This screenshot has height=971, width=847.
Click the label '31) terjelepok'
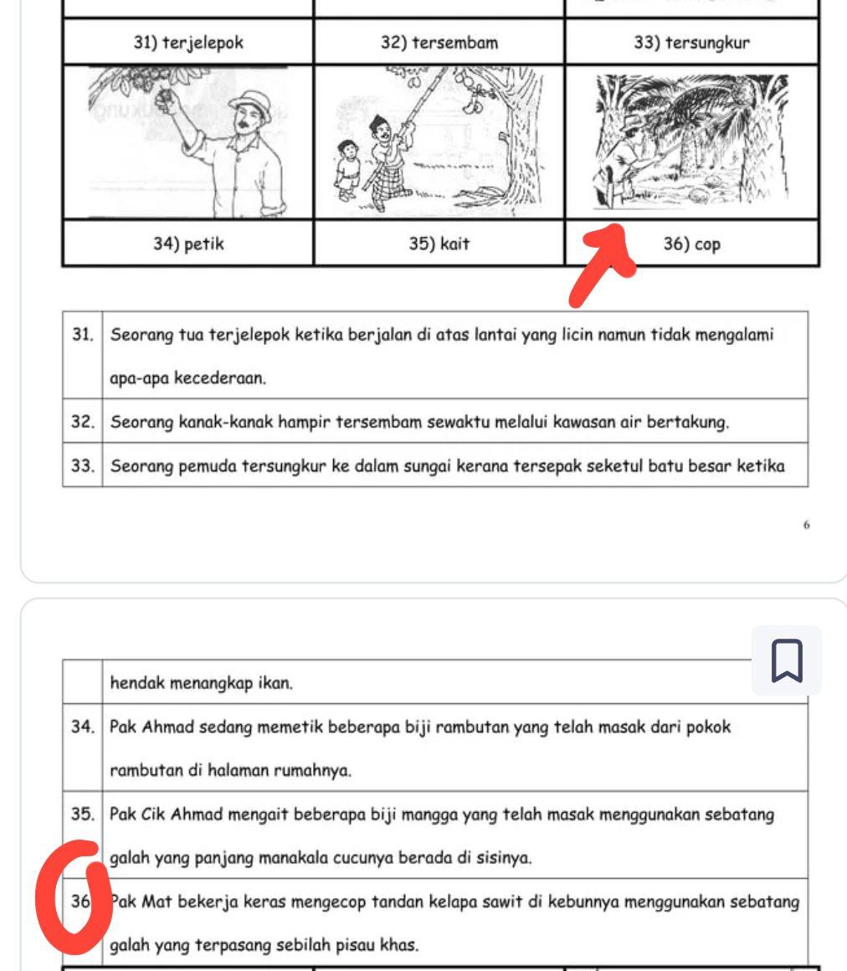click(188, 43)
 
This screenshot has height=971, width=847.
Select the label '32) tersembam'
click(439, 43)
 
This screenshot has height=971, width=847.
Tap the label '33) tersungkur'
click(691, 43)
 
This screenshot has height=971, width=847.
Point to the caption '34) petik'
click(188, 244)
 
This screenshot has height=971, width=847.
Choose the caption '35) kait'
click(439, 244)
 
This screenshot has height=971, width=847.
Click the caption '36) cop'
click(691, 244)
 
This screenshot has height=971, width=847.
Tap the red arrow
click(599, 263)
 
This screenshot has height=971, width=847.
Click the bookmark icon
click(786, 660)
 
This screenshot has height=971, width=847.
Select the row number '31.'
click(82, 335)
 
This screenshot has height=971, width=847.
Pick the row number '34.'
click(82, 727)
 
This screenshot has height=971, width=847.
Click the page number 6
click(805, 525)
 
